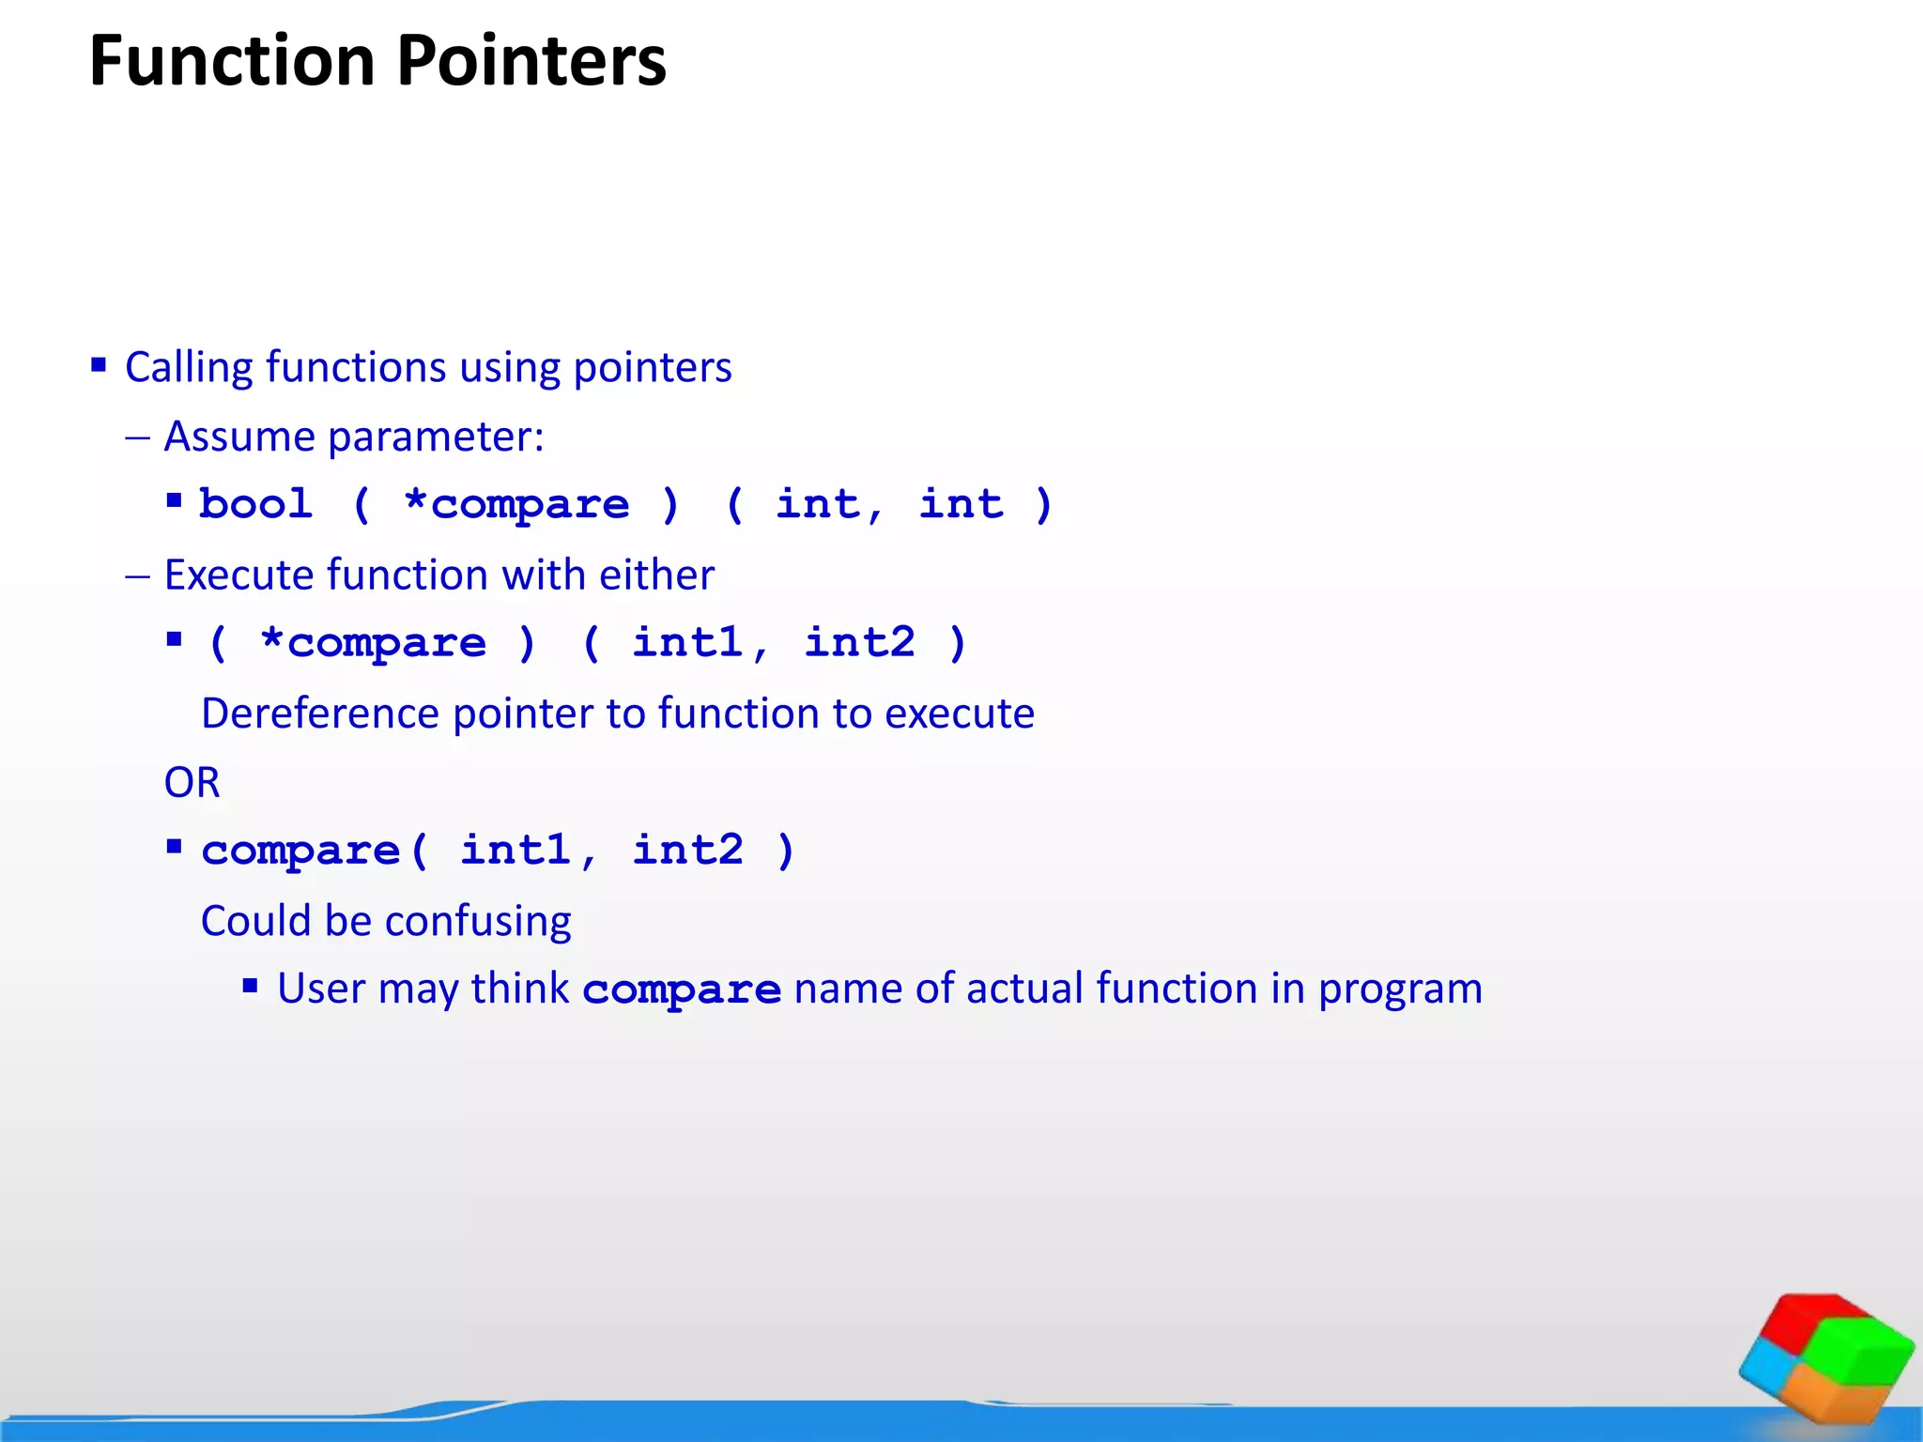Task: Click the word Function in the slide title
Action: click(x=232, y=61)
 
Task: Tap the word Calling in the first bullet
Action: click(x=188, y=367)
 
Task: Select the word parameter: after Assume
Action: click(x=436, y=437)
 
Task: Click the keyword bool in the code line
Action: click(x=255, y=504)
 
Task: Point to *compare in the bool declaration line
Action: click(x=515, y=505)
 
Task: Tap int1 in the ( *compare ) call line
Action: click(x=687, y=643)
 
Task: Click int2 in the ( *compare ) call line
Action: click(x=859, y=643)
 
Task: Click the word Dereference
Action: click(x=319, y=713)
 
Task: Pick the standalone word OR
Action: click(x=192, y=782)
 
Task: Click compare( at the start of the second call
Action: click(x=314, y=851)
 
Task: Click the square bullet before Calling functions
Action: click(x=99, y=364)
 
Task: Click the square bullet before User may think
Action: click(x=250, y=986)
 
